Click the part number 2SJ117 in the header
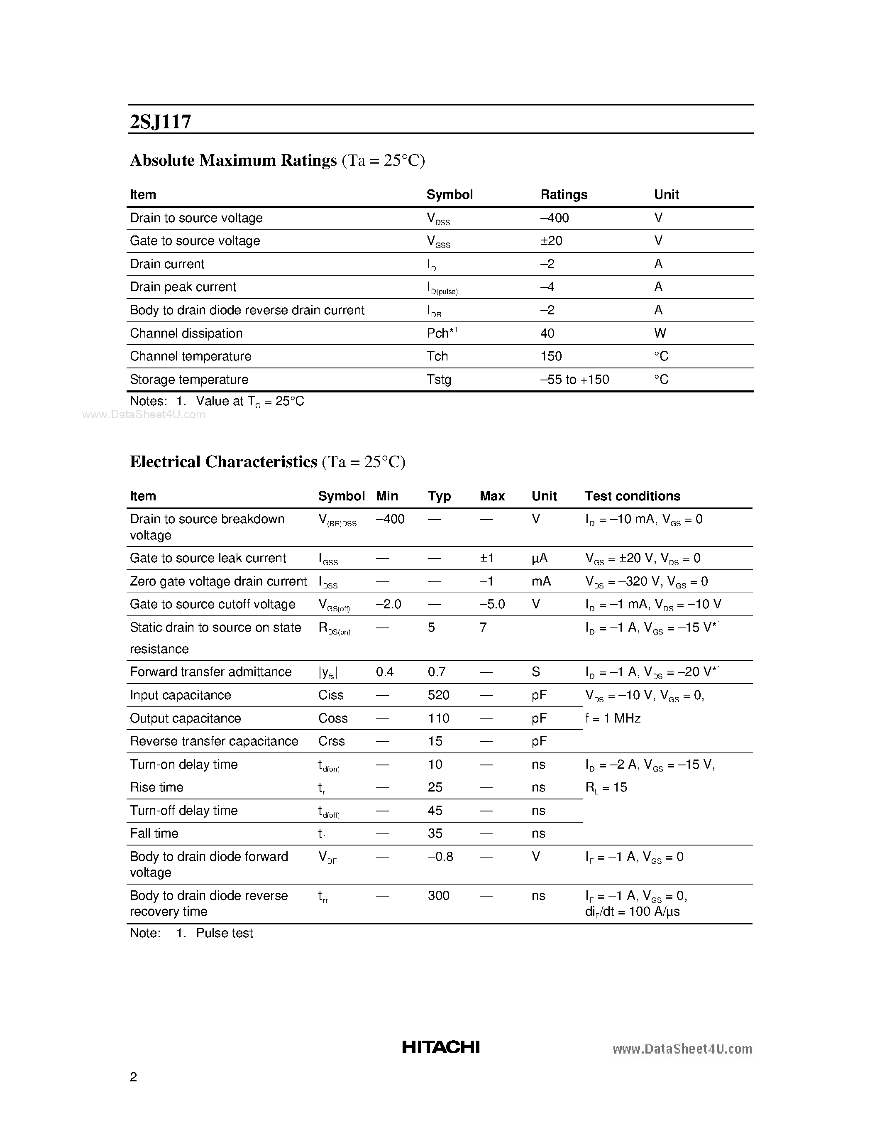160,122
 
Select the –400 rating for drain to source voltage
555,218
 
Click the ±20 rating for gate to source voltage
551,241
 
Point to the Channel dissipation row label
186,333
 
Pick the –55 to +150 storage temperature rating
574,380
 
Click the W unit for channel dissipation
660,333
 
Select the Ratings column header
564,194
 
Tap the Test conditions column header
632,496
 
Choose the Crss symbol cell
331,741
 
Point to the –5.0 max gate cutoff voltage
492,605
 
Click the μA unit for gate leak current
539,559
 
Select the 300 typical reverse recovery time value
438,896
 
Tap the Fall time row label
154,833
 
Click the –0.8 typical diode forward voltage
440,856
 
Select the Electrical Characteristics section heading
224,462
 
